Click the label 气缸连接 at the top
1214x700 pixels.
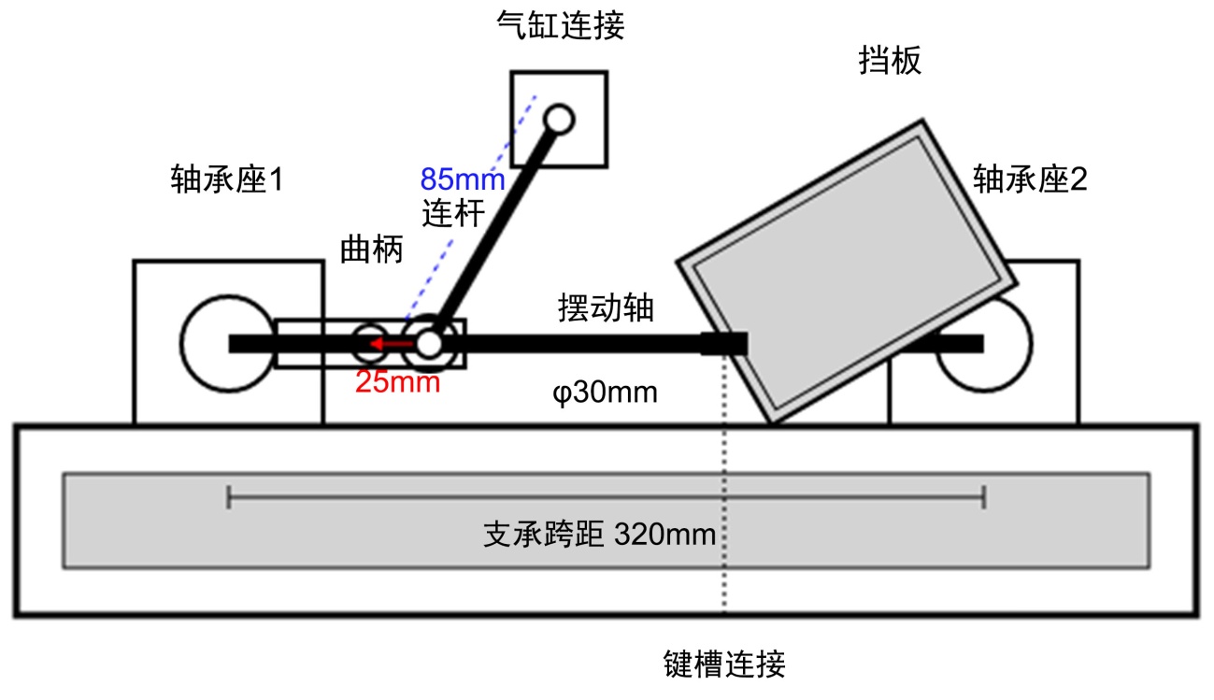tap(560, 26)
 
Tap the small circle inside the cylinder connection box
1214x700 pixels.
tap(559, 119)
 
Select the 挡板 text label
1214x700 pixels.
tap(890, 61)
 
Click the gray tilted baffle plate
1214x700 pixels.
tap(846, 272)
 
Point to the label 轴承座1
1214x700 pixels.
tap(226, 179)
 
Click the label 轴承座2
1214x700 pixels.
tap(1030, 179)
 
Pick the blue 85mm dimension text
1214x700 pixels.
tap(462, 178)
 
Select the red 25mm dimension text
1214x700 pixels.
tap(397, 382)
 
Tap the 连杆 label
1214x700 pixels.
tap(453, 214)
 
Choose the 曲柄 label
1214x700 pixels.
tap(371, 250)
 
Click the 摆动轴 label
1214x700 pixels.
tap(604, 308)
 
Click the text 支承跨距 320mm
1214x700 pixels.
tap(599, 535)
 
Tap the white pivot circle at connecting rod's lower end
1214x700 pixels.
tap(429, 343)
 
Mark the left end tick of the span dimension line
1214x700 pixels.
tap(229, 497)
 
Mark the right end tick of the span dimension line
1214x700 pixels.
tap(984, 497)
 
